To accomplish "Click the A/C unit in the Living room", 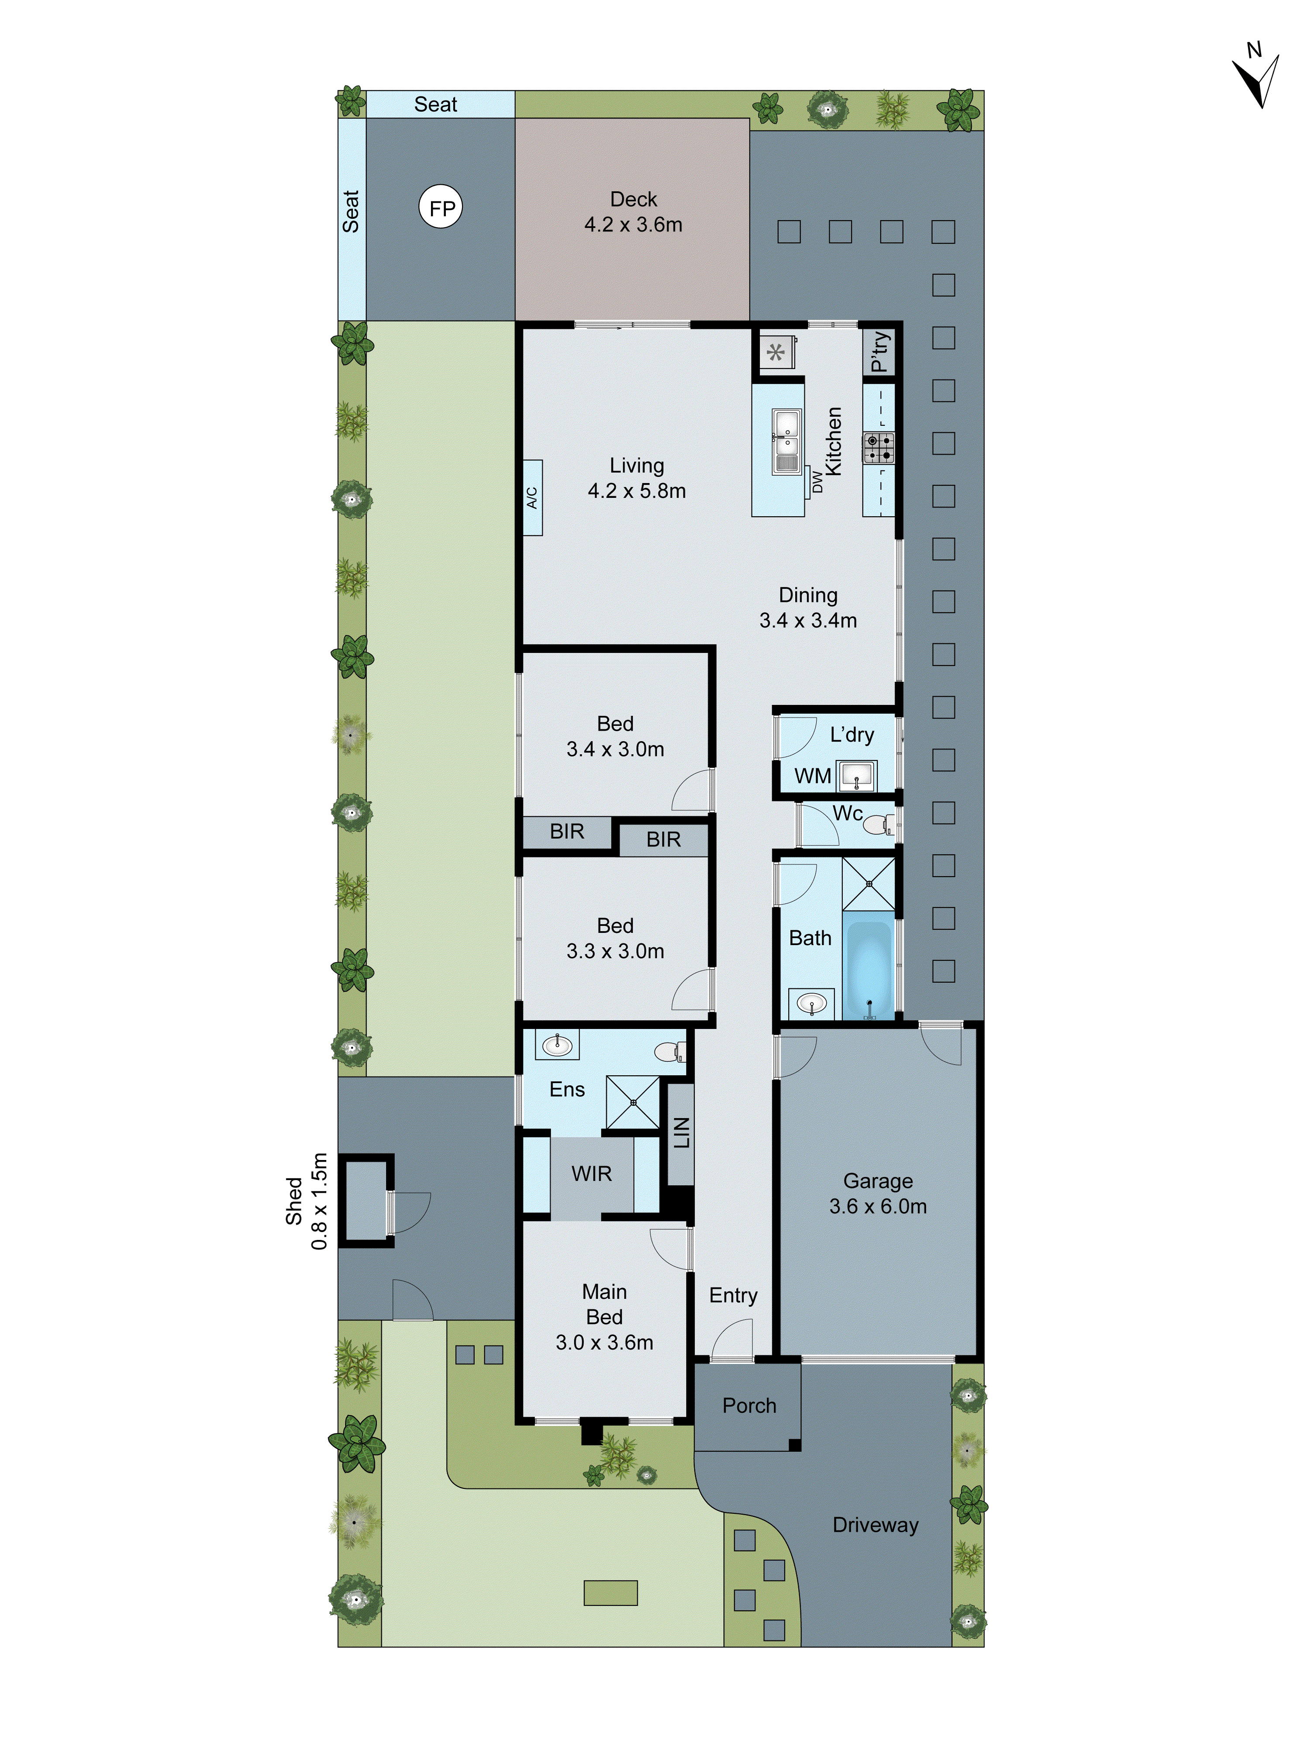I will click(532, 497).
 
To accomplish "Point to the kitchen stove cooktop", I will click(878, 447).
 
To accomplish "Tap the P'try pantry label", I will click(879, 351).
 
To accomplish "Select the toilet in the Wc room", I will click(878, 825).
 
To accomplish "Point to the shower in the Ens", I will click(632, 1102).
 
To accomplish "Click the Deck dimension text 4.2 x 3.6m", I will click(633, 225).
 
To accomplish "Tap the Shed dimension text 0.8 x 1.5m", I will click(319, 1201).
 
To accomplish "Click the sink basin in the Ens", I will click(558, 1045).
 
